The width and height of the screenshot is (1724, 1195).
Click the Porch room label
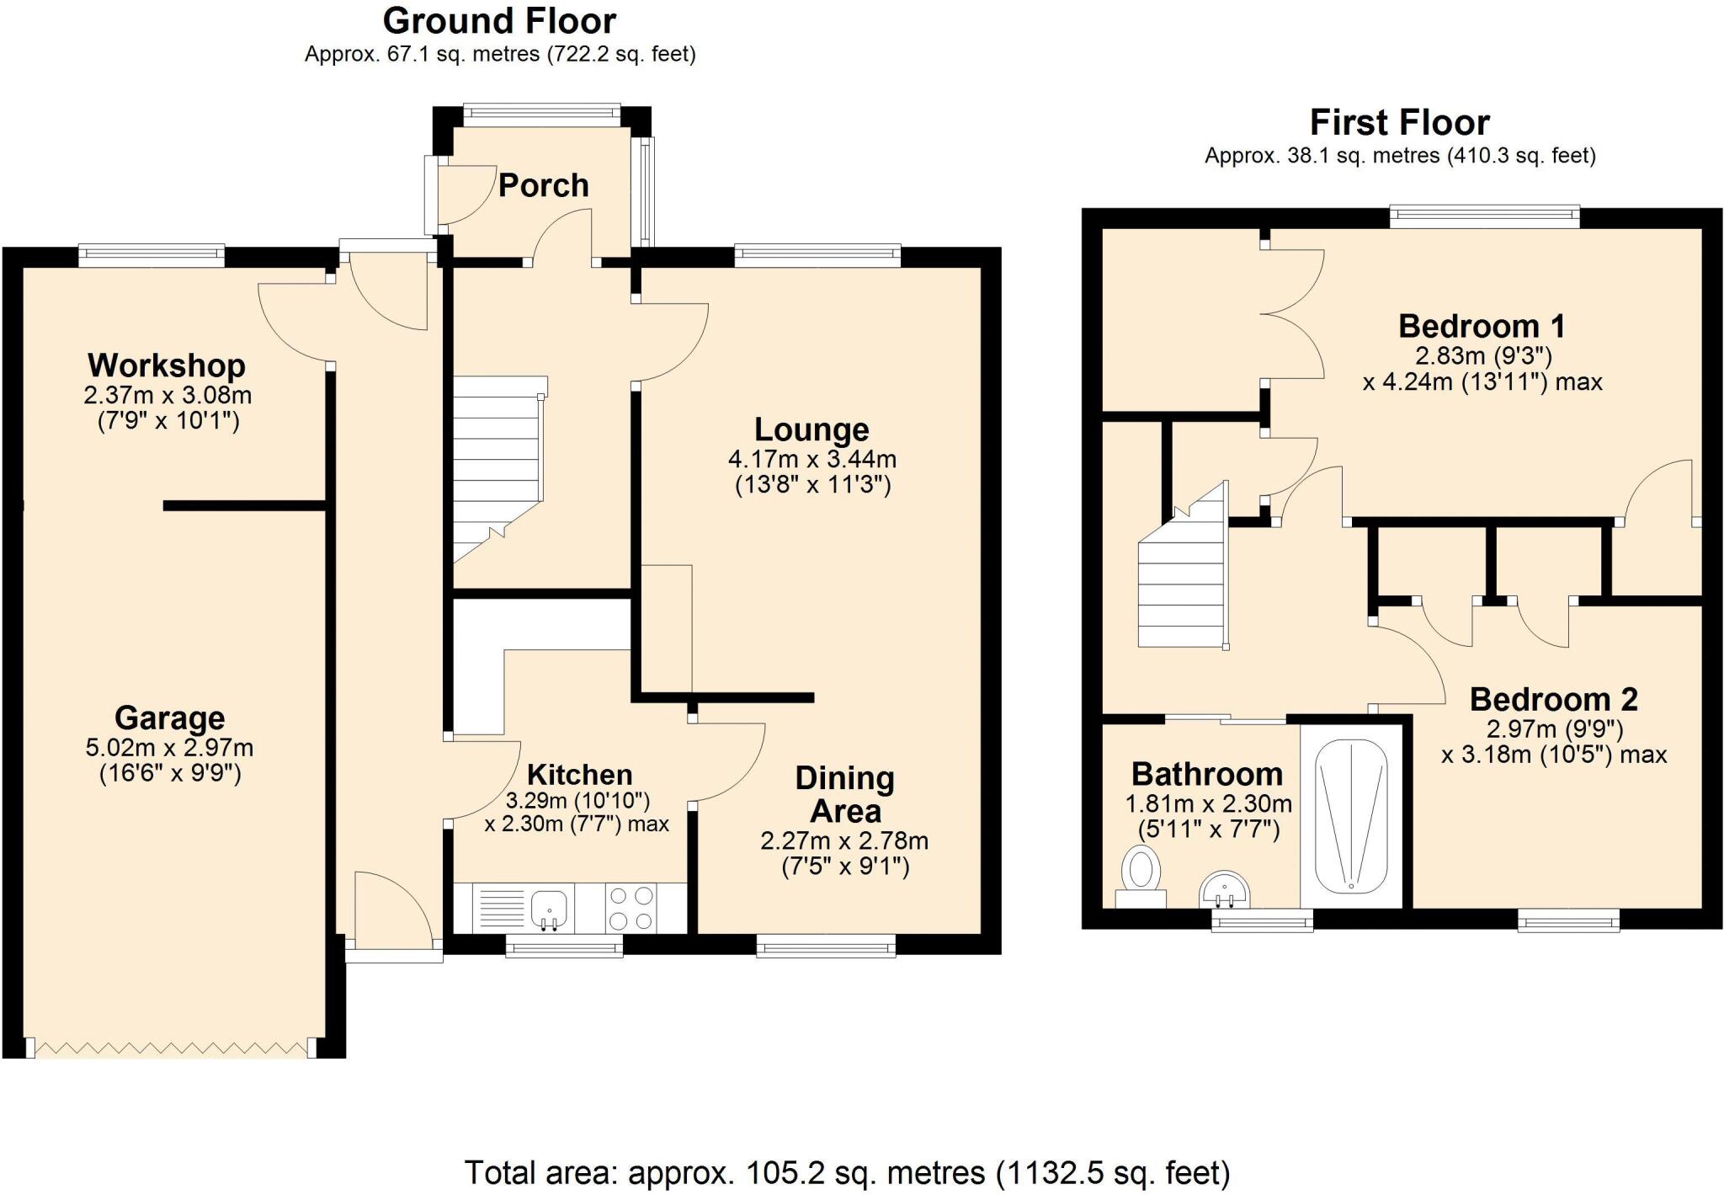543,185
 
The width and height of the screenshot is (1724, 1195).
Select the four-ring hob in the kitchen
631,908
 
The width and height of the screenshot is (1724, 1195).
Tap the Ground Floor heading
499,20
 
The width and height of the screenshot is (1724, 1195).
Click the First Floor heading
1399,123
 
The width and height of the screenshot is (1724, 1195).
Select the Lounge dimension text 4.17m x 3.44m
811,460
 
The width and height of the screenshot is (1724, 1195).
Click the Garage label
169,718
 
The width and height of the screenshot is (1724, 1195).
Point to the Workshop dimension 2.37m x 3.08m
168,395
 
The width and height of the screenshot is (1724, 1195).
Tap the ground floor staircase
497,467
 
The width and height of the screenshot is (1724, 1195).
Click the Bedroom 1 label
1482,326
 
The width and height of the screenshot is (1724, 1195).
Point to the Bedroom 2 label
1553,700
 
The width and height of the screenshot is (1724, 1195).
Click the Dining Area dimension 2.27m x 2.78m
844,841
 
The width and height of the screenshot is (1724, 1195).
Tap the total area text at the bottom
847,1172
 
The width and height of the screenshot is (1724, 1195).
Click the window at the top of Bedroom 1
1484,217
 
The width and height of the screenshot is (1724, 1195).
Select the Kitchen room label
579,775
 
